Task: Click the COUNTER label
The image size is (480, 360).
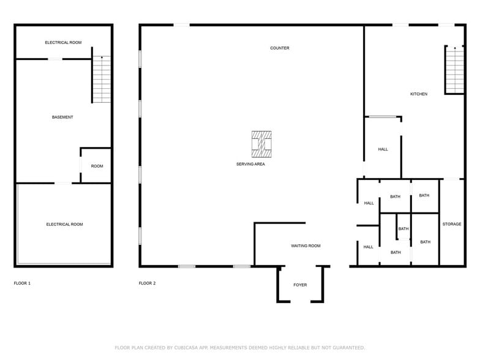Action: [280, 48]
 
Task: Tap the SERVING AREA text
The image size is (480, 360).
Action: [250, 164]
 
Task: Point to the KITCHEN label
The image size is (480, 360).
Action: [419, 94]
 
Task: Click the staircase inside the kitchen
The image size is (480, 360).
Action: [454, 70]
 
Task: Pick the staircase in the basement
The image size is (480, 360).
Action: [102, 80]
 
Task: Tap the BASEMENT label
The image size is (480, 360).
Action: [62, 117]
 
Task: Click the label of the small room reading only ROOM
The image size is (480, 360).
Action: [97, 166]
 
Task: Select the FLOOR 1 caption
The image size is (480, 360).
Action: [22, 283]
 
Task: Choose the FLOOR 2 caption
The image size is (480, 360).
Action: [147, 283]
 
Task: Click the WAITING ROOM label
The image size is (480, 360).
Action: [306, 246]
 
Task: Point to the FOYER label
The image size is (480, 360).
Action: [300, 285]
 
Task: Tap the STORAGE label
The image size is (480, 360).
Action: [452, 224]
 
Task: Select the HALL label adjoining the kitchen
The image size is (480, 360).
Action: [383, 149]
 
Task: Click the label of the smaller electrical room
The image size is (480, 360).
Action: [63, 42]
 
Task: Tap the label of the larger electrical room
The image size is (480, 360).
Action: [64, 224]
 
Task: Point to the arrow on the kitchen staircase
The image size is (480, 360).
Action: [454, 48]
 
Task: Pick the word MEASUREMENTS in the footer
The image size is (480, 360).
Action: [230, 348]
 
